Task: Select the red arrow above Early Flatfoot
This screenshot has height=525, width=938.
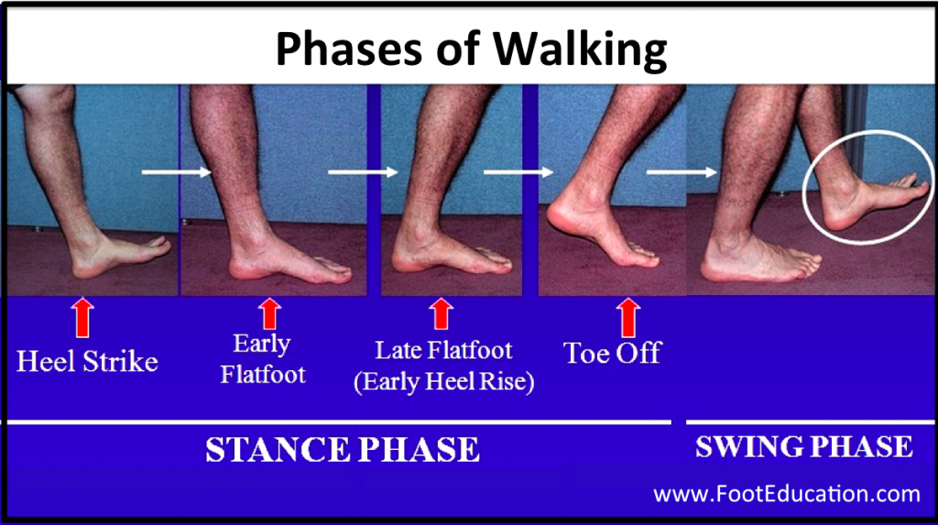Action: point(269,313)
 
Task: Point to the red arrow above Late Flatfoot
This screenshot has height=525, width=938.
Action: point(442,313)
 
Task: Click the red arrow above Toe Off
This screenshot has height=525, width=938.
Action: point(627,316)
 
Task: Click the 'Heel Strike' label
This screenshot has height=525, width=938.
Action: point(87,360)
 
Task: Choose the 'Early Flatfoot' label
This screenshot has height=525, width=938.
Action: point(263,359)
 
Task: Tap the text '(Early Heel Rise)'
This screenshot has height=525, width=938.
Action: point(443,381)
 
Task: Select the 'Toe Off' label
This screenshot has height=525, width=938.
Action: point(613,353)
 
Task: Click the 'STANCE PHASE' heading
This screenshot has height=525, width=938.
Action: point(342,450)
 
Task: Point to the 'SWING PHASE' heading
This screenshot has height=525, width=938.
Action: point(803,446)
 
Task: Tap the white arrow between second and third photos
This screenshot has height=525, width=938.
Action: point(363,171)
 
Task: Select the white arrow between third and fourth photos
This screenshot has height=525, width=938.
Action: point(518,171)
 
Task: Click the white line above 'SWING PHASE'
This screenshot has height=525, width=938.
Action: point(810,421)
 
